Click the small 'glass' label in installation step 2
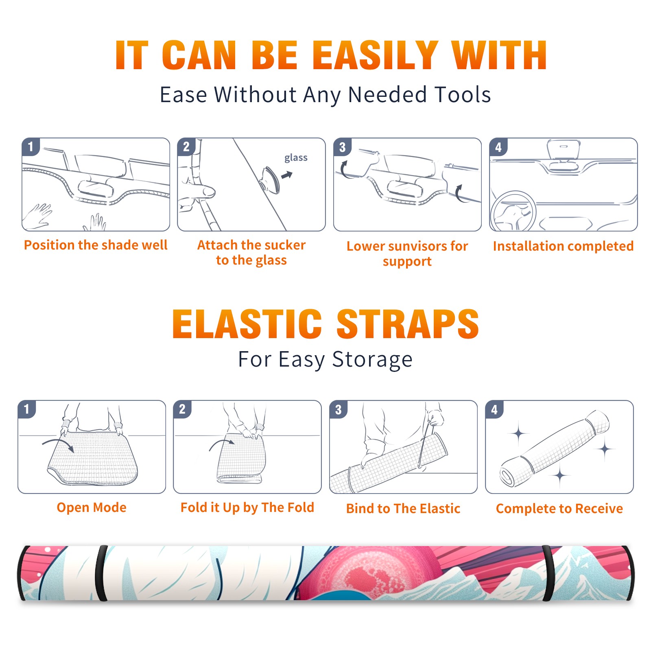coord(296,158)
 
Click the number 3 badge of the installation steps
coord(343,147)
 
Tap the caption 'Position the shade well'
coord(96,245)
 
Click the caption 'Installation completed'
coord(563,246)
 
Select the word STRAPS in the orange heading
coord(408,324)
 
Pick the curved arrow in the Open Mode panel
coord(58,444)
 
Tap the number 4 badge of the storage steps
coord(494,409)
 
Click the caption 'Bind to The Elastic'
coord(403,509)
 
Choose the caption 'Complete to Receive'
coord(559,509)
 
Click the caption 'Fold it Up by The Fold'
coord(247,507)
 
